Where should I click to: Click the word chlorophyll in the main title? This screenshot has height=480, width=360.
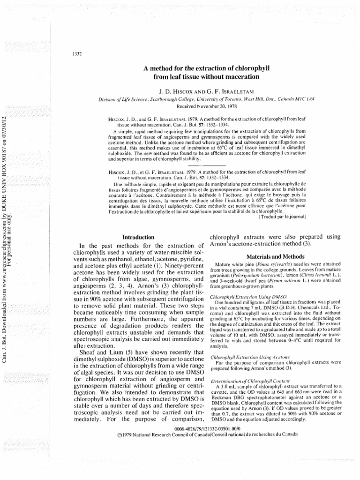(238, 67)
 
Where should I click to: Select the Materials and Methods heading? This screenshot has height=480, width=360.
(268, 256)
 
